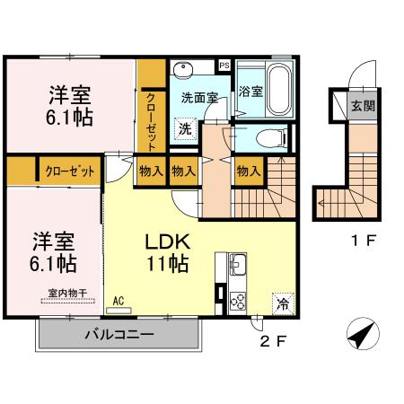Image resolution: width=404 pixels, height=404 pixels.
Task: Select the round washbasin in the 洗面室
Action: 185,70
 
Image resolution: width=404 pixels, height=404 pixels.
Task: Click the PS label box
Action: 224,66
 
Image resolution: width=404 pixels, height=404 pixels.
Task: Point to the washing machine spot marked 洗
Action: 184,129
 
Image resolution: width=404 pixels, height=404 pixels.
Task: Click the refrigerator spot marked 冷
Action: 283,303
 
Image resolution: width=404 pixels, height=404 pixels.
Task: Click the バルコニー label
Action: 119,335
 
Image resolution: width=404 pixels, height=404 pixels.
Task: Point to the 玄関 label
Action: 364,104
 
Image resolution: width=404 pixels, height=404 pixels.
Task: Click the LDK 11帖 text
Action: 168,253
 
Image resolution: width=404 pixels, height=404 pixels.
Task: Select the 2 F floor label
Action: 272,342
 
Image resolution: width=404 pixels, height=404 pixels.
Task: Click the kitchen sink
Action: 238,267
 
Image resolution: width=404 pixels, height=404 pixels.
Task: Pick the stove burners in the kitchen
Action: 238,300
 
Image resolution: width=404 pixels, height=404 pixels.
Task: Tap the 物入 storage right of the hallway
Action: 249,169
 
